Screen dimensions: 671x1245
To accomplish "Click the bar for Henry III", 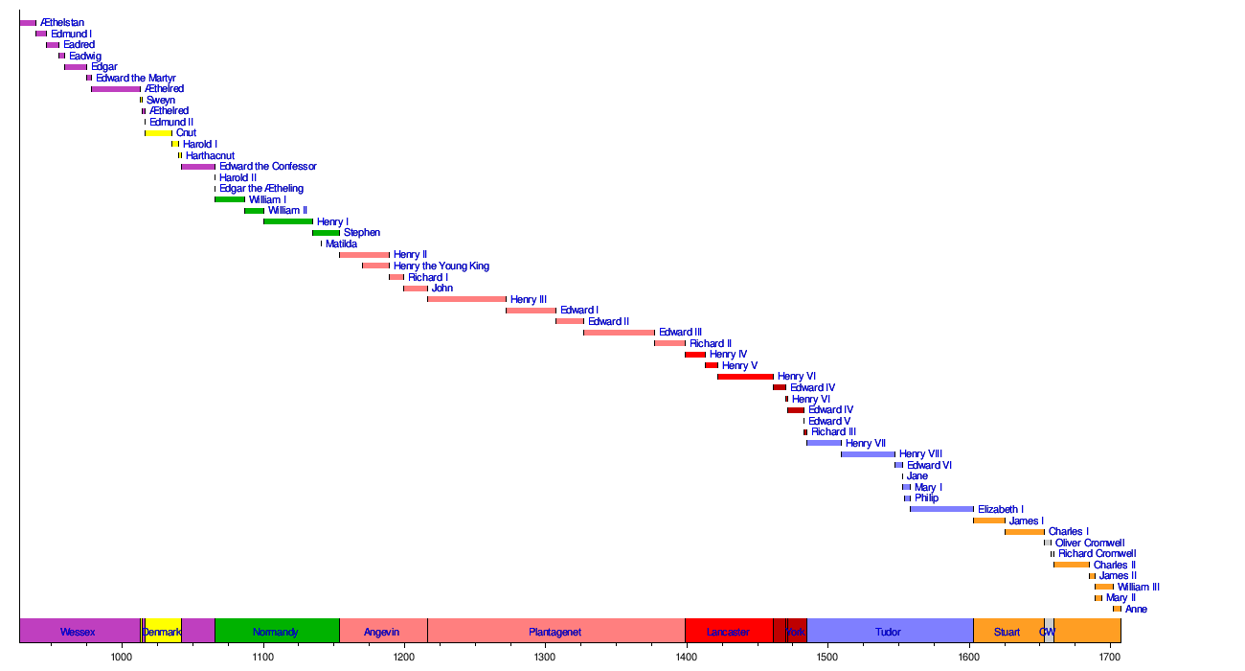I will [x=466, y=299].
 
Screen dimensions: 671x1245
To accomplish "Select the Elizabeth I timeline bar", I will [x=941, y=509].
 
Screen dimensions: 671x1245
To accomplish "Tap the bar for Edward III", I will [x=619, y=333].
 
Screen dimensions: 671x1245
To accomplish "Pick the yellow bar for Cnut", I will [x=159, y=133].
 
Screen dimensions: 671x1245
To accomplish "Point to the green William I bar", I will [x=230, y=199].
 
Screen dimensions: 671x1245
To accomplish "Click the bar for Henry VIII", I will [x=868, y=454].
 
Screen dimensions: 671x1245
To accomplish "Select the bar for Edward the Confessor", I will [x=198, y=167].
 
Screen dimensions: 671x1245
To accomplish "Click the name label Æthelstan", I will [x=62, y=23].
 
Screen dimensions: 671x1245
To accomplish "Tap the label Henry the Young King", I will [x=441, y=266].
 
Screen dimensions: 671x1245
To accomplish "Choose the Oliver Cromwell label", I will [x=1090, y=543].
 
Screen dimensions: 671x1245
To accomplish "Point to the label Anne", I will [x=1136, y=609].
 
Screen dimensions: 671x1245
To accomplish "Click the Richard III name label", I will [x=833, y=432].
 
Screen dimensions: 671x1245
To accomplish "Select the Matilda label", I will [x=341, y=244].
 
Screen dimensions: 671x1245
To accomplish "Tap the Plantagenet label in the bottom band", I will [x=555, y=632].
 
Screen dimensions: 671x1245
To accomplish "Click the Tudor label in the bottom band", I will [x=888, y=632].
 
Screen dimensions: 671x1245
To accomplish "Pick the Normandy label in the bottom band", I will [x=276, y=632].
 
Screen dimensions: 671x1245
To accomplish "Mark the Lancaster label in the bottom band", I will [x=728, y=632].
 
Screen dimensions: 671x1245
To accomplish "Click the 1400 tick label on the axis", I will [x=686, y=657].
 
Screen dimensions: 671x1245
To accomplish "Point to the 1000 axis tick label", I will [x=122, y=657].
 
